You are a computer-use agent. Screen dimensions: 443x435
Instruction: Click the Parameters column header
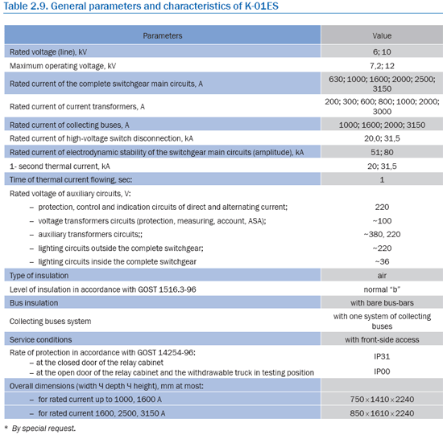tap(163, 36)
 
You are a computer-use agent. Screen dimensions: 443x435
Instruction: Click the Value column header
tap(382, 36)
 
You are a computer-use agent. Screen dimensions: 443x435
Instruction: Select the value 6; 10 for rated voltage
tap(382, 52)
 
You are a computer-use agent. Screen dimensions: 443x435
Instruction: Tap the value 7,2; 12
tap(382, 66)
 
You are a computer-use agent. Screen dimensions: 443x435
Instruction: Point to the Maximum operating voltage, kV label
tap(63, 66)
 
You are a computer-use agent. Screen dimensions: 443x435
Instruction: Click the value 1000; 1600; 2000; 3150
tap(382, 125)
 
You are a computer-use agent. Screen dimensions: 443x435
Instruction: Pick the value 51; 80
tap(382, 152)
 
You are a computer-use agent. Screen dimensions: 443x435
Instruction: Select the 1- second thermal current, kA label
tap(60, 166)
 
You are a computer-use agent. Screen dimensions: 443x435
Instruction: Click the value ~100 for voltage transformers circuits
tap(382, 221)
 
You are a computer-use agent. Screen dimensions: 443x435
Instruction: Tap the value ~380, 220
tap(382, 235)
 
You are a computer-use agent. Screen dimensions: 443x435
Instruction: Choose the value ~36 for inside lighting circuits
tap(382, 262)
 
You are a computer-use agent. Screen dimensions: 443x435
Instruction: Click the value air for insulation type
tap(382, 276)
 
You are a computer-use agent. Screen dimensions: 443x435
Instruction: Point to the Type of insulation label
tap(39, 276)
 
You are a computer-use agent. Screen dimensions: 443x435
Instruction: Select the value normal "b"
tap(382, 289)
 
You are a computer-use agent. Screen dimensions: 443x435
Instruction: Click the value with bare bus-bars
tap(382, 303)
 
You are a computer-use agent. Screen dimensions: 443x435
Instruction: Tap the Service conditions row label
tap(41, 339)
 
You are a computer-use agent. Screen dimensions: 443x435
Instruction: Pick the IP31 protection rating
tap(382, 356)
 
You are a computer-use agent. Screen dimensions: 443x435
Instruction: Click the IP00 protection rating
tap(382, 371)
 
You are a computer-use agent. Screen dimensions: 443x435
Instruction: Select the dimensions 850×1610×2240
tap(382, 413)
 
